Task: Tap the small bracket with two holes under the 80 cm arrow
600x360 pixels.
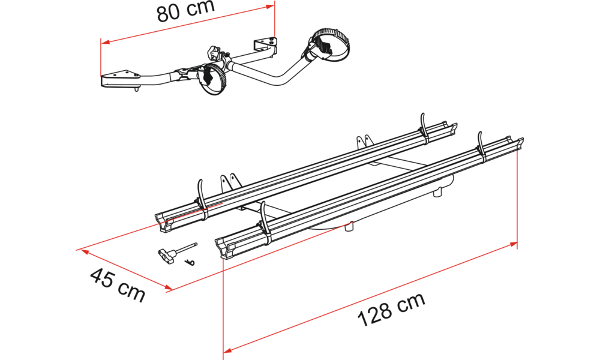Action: [x=265, y=44]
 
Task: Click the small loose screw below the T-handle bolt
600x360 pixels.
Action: [x=191, y=261]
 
